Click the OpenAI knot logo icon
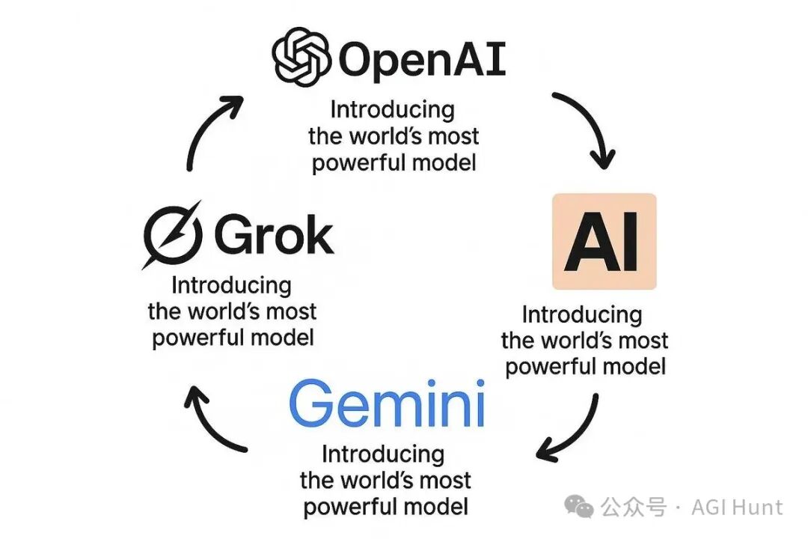pos(301,56)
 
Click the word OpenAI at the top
pos(422,60)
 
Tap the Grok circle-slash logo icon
pos(172,234)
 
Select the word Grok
pos(274,235)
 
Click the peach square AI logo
pos(604,241)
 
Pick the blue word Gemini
pos(387,403)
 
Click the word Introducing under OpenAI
pos(392,110)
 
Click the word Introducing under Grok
pos(231,286)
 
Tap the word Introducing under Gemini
pos(383,455)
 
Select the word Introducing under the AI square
pos(582,315)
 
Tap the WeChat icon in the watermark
pos(578,507)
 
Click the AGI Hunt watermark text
pos(737,508)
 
